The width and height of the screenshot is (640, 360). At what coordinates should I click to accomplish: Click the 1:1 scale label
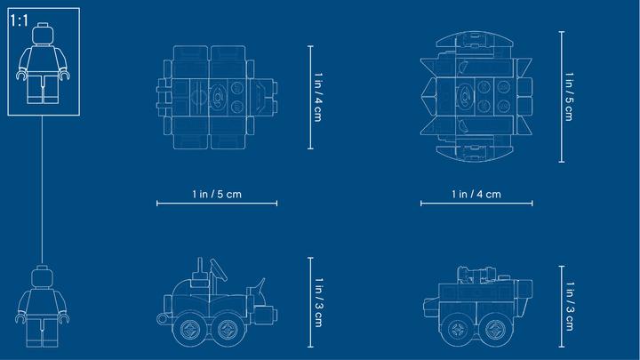pos(20,20)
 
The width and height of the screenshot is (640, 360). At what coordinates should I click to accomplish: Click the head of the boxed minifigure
pos(43,34)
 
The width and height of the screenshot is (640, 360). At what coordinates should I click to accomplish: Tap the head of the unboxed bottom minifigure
pos(42,276)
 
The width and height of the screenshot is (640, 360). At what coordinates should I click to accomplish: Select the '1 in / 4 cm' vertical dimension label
pos(318,97)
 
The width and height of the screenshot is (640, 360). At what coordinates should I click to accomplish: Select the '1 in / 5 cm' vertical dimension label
pos(569,96)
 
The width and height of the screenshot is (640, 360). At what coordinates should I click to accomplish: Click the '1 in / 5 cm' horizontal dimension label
pos(217,194)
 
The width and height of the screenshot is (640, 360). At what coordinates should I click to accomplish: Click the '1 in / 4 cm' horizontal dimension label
pos(476,194)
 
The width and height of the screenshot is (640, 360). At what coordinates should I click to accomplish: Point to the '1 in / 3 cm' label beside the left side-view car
pos(318,302)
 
